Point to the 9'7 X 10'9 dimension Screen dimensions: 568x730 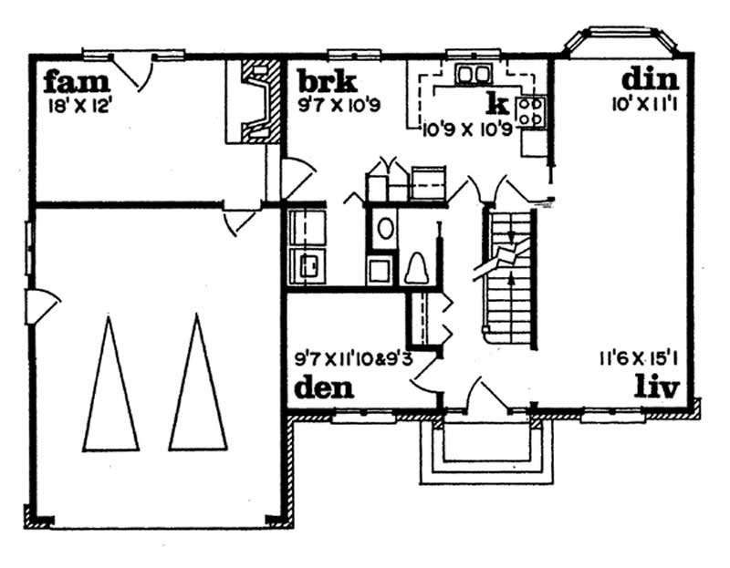click(339, 103)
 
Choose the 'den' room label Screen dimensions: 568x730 click(325, 389)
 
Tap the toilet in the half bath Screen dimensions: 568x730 click(420, 268)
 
